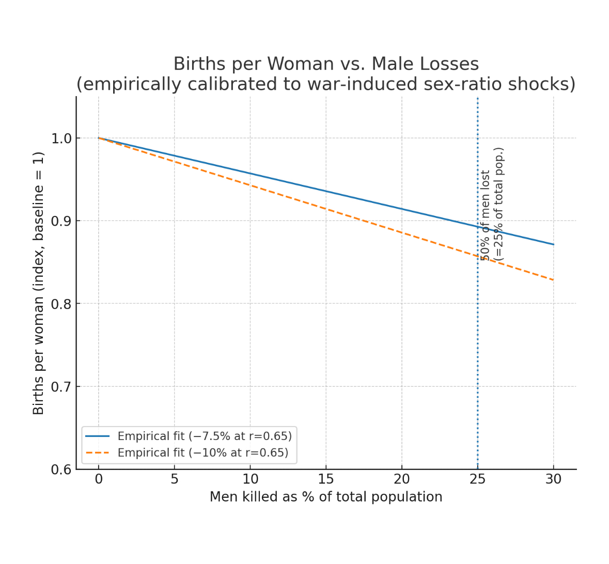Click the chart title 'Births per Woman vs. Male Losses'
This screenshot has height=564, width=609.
pos(326,64)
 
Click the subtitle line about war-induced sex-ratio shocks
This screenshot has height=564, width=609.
pos(326,84)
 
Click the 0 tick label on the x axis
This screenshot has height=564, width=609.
pos(99,479)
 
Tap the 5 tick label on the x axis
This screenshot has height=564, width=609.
pos(175,479)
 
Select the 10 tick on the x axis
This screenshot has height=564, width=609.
pos(250,479)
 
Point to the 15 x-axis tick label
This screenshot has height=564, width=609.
pos(326,479)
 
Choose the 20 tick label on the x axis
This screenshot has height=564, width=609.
pos(402,479)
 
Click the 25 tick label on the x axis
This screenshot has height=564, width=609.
pos(478,479)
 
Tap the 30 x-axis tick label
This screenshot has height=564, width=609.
pos(553,479)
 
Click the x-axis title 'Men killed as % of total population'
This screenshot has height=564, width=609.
pos(326,497)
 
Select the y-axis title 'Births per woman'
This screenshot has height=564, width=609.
pos(39,283)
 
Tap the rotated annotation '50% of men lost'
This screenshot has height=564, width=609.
pos(486,215)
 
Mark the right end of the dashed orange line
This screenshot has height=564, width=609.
pos(553,280)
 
